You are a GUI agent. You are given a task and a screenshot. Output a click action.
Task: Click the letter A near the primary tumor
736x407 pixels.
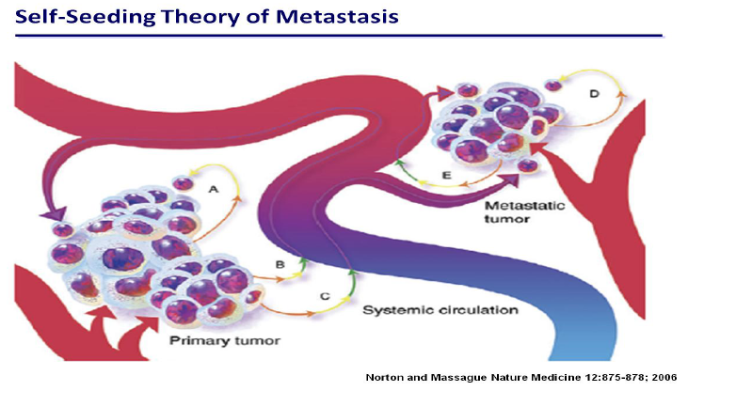click(214, 188)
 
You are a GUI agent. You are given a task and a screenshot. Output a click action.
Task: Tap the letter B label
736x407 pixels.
click(280, 265)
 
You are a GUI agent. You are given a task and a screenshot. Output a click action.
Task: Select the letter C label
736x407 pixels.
click(324, 296)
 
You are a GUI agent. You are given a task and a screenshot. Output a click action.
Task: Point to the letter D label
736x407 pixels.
click(593, 94)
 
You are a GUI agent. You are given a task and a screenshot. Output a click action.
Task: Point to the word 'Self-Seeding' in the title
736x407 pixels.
click(67, 16)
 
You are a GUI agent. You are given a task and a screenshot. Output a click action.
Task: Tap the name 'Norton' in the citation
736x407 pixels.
click(383, 377)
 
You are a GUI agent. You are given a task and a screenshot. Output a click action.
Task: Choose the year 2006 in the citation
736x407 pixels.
click(662, 377)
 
